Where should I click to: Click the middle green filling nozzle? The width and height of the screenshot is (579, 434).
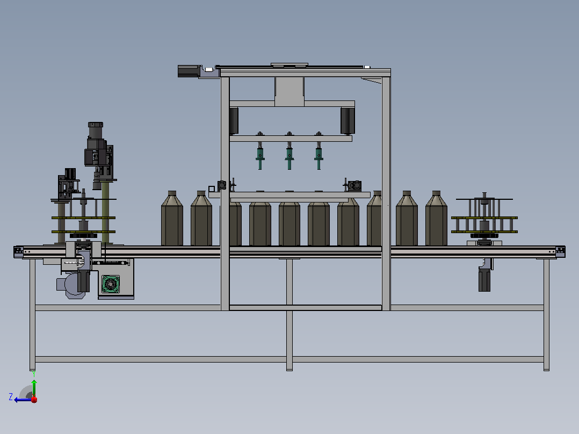tap(289, 155)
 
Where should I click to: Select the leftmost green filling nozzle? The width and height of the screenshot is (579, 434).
tap(260, 155)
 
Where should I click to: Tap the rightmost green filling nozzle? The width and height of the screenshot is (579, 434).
tap(319, 155)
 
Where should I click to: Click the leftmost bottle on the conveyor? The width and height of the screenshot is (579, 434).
tap(172, 218)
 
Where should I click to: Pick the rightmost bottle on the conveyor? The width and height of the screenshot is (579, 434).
tap(436, 218)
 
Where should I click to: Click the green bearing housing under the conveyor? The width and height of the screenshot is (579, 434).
tap(111, 284)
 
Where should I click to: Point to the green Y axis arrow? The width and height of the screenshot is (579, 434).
tap(34, 388)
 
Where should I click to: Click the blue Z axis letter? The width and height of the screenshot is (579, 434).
tap(11, 397)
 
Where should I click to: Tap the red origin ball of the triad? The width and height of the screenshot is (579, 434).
tap(34, 400)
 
